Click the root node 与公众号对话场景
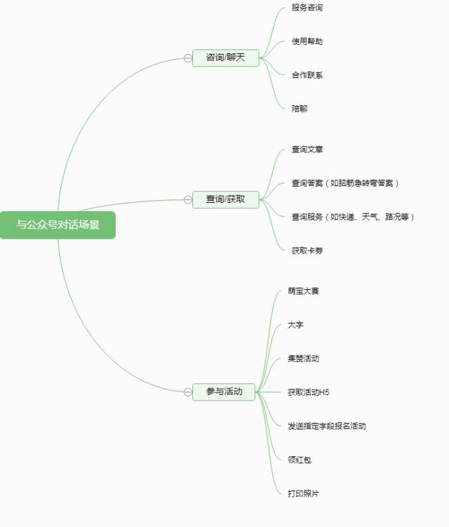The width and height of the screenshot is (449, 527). pos(58,225)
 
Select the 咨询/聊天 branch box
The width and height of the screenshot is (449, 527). pos(225,58)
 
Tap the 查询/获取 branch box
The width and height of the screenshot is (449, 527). pos(225,199)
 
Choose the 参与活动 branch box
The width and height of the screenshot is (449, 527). pos(224,392)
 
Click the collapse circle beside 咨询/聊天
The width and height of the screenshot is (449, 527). pos(188,58)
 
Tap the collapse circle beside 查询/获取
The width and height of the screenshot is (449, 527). pos(188,200)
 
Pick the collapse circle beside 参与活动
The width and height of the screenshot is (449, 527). pos(188,392)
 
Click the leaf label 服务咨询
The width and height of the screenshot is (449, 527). pos(307,8)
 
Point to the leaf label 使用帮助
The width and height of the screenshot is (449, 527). pos(307,41)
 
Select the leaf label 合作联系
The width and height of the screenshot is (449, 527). pos(307,75)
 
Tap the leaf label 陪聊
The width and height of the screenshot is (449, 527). pos(300,109)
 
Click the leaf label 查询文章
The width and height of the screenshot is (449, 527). pos(307,149)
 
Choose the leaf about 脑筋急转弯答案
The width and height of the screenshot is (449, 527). pos(345,183)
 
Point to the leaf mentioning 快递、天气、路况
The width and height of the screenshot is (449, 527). pos(353,217)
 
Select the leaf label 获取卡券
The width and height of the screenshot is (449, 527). pos(307,251)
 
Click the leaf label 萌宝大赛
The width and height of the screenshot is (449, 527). pos(303,291)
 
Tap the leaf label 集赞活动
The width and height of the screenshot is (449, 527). pos(303,359)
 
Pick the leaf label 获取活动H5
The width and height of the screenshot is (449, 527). pos(309,392)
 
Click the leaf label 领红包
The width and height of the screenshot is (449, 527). pos(300,460)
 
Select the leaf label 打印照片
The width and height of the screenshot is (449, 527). pos(303,493)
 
